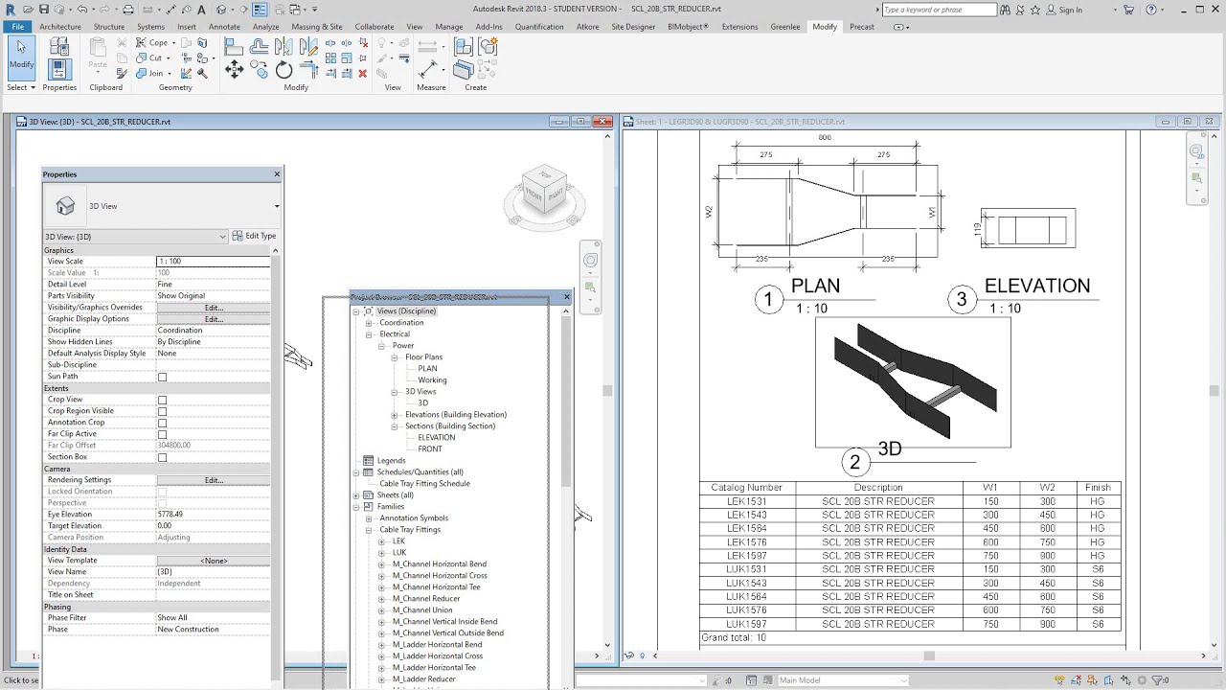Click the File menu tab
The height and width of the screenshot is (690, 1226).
tap(17, 27)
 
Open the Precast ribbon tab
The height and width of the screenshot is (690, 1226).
tap(861, 27)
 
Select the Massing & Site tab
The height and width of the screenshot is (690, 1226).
tap(316, 27)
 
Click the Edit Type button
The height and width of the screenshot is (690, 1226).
tap(254, 236)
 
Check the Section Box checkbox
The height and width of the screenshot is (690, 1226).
tap(162, 457)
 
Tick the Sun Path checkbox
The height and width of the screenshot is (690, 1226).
tap(162, 377)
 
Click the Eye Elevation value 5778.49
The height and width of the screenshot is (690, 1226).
tap(170, 515)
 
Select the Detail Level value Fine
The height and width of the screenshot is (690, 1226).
tap(166, 285)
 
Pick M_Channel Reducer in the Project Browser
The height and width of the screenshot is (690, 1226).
tap(425, 599)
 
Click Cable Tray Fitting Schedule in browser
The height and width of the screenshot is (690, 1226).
tap(424, 484)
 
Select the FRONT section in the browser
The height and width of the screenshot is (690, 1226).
tap(430, 449)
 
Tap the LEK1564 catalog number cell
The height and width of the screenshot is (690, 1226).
tap(746, 528)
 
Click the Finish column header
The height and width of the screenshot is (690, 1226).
tap(1098, 488)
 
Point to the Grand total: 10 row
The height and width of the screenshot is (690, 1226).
tap(734, 638)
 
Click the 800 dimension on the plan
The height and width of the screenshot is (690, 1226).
tap(824, 138)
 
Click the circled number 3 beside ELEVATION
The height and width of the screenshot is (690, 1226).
tap(962, 300)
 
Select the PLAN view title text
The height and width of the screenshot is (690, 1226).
tap(815, 287)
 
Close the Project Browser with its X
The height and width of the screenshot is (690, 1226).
tap(566, 297)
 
